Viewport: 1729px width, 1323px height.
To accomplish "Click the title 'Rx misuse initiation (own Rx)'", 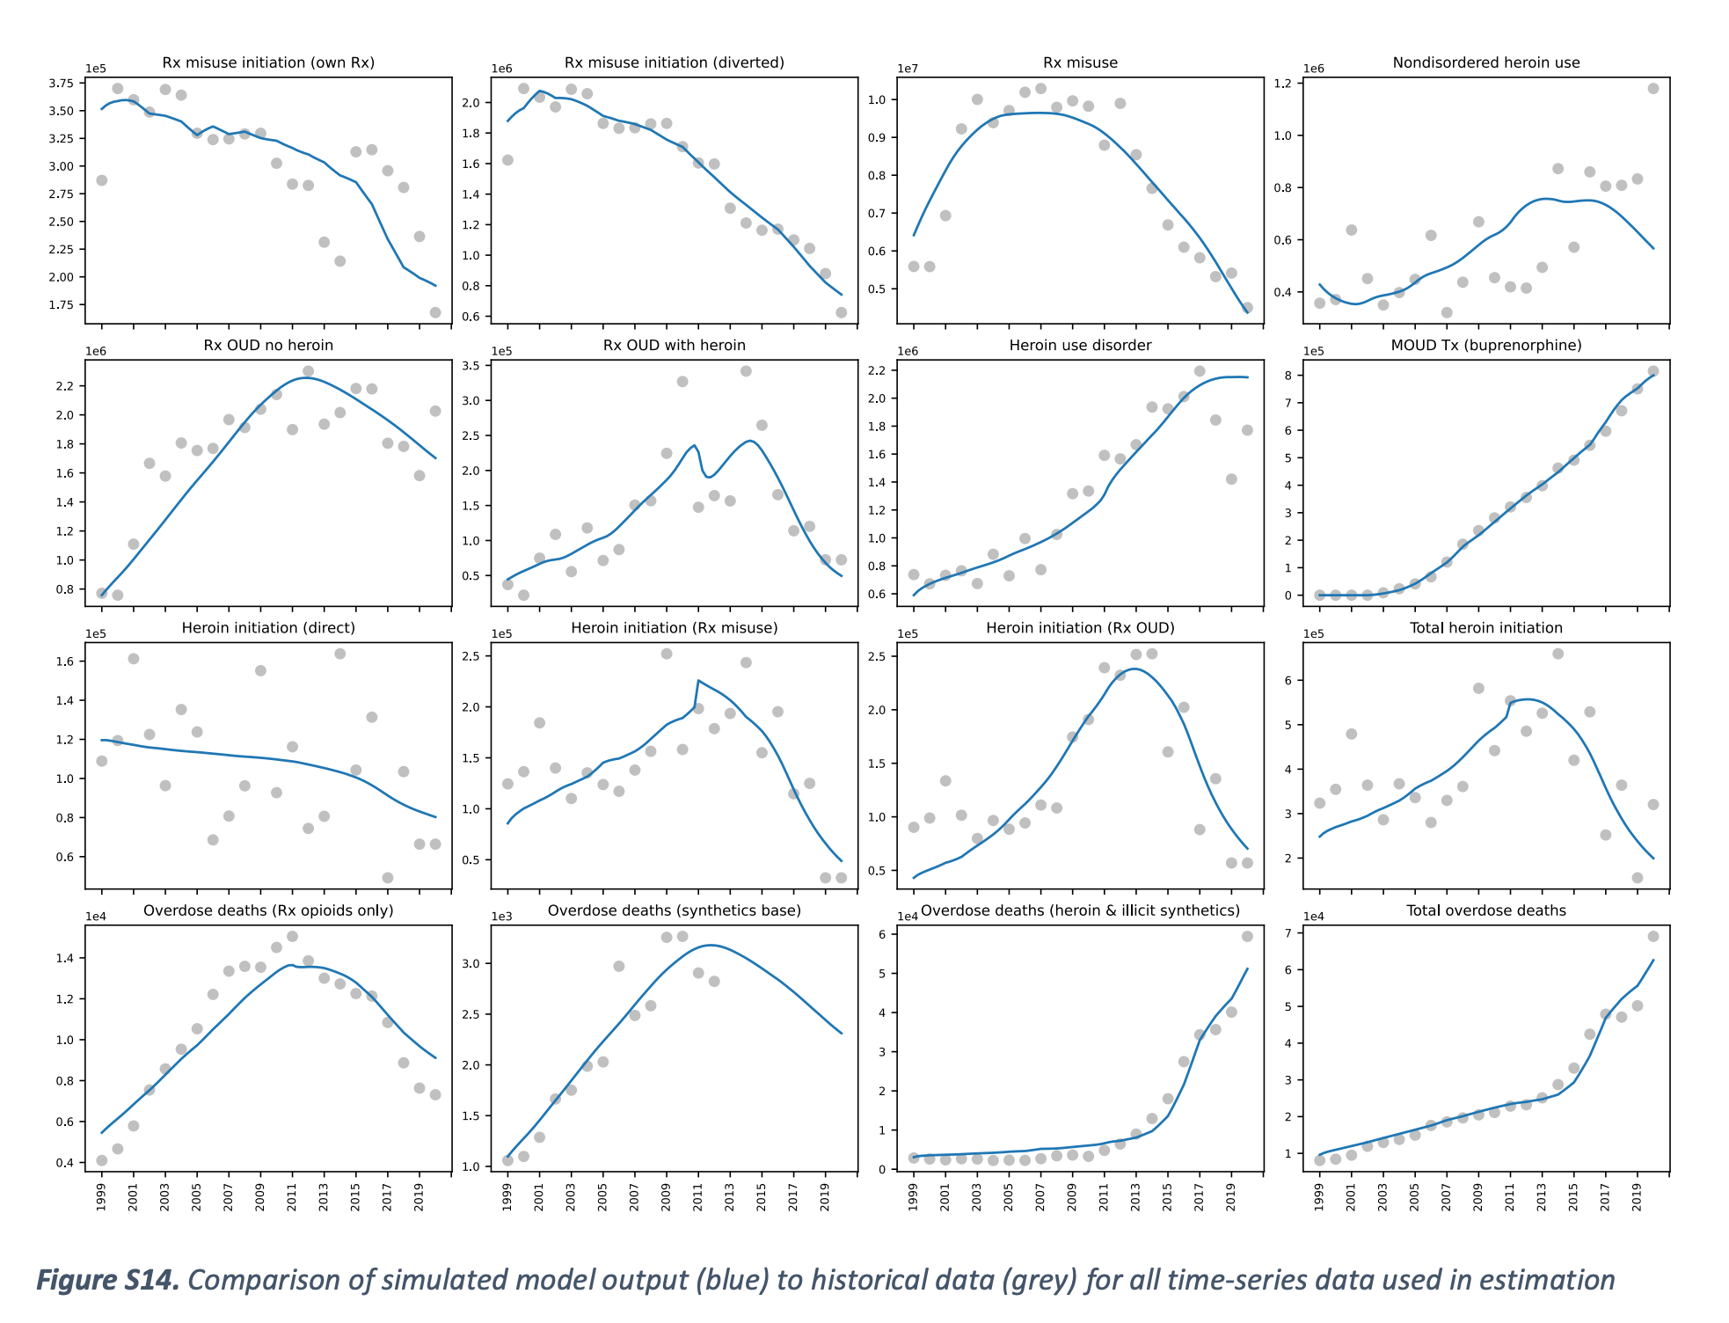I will pos(268,62).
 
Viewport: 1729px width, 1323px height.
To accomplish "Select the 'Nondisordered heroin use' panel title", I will pos(1485,62).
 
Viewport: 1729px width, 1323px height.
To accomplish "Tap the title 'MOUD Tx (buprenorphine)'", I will pos(1485,345).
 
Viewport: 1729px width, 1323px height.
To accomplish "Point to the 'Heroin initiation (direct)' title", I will pos(268,627).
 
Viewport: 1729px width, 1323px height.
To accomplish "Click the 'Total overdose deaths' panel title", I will pos(1485,910).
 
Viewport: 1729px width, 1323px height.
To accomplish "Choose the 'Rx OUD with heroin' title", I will pos(674,345).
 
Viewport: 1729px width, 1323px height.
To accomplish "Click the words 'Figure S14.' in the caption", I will pos(107,1280).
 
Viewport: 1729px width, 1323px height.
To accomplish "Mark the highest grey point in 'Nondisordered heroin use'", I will pos(1652,89).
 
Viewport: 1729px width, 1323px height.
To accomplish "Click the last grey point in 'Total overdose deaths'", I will pos(1652,936).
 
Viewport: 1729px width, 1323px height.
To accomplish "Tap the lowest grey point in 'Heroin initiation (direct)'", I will pos(388,878).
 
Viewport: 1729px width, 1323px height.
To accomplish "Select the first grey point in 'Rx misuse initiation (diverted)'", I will pos(507,160).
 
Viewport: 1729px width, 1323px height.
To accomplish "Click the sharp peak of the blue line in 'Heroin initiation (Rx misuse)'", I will pos(698,680).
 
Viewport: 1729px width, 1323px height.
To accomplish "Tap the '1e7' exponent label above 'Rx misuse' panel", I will pos(908,69).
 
